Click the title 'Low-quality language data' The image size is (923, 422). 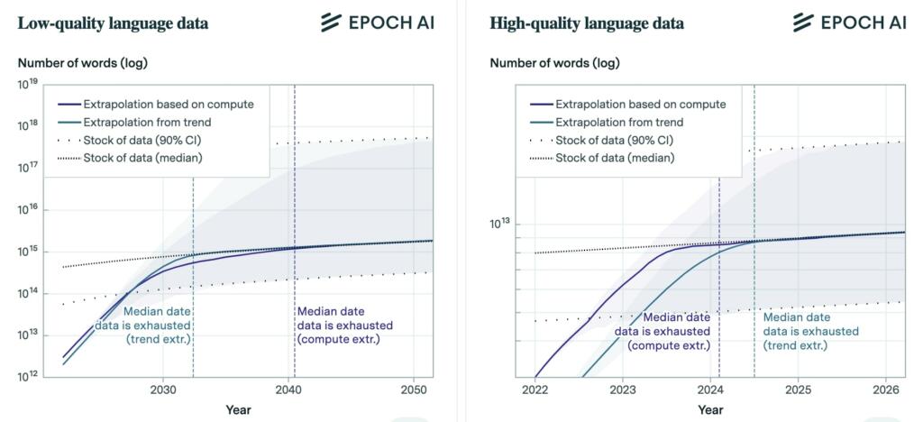click(x=113, y=23)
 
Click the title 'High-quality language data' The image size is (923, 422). click(x=586, y=23)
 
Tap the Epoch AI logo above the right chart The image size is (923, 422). click(x=850, y=23)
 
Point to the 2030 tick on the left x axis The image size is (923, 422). click(x=162, y=390)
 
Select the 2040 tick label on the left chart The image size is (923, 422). click(x=288, y=390)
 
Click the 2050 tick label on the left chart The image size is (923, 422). click(x=414, y=390)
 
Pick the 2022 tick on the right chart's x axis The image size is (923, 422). click(x=535, y=390)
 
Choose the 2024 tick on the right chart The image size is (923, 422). click(x=710, y=390)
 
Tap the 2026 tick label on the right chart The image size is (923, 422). click(x=885, y=390)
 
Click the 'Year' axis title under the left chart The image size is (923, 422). click(x=238, y=410)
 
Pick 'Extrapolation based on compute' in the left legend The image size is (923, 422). click(x=168, y=104)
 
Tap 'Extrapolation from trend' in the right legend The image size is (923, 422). click(x=619, y=122)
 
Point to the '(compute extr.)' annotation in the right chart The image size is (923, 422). click(x=669, y=345)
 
